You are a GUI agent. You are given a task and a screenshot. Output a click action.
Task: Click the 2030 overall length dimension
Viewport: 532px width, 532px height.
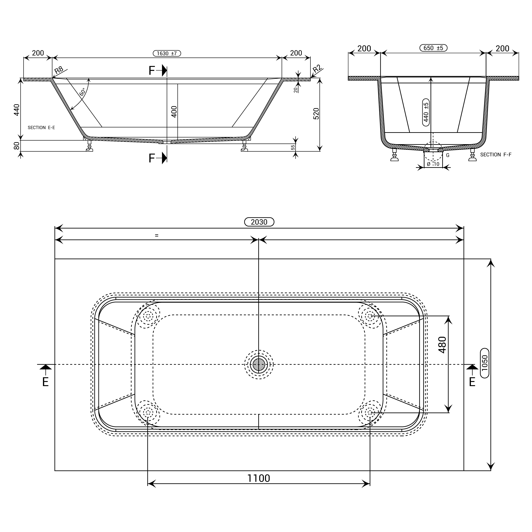coord(259,222)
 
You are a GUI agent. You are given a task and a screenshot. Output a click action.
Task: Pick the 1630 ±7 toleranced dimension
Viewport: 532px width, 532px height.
coord(167,53)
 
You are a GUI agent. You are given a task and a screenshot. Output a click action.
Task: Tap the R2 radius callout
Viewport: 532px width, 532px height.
coord(317,69)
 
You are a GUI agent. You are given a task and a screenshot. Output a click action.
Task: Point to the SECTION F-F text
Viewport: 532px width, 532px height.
coord(496,155)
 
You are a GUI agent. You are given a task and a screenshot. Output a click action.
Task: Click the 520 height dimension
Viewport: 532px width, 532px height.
coord(316,114)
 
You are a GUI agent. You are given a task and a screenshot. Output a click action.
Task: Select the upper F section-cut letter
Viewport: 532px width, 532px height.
coord(152,71)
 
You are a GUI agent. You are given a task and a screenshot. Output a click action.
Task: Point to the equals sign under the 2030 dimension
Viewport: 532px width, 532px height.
coord(157,235)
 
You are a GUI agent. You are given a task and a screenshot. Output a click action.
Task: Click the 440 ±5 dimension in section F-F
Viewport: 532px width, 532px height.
coord(426,112)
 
